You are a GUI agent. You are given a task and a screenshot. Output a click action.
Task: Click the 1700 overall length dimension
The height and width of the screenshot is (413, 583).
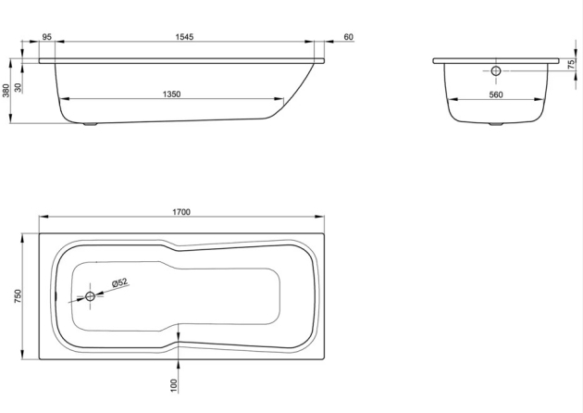[x=180, y=212]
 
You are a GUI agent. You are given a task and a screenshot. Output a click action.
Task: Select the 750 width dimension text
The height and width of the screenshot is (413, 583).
[x=19, y=296]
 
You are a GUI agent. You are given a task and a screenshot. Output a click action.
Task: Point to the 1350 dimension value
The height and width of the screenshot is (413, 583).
[x=169, y=94]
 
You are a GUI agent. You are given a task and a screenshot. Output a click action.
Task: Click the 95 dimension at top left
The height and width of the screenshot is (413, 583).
[x=46, y=37]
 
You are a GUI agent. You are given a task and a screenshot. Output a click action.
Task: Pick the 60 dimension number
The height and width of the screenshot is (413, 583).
[x=348, y=37]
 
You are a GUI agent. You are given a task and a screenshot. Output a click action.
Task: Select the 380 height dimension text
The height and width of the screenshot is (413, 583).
[x=6, y=91]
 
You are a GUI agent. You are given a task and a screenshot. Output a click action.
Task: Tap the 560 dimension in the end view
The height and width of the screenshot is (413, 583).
[x=495, y=94]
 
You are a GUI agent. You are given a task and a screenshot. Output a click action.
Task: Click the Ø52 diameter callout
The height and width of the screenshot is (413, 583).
[x=118, y=283]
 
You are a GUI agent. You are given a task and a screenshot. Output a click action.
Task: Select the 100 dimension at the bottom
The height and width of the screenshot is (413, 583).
[x=173, y=383]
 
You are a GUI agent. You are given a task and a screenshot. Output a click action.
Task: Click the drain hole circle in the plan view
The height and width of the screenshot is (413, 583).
[x=91, y=296]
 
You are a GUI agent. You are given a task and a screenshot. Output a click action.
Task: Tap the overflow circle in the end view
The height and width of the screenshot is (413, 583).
[x=495, y=71]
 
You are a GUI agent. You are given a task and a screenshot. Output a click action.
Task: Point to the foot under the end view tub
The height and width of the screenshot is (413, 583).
[x=495, y=124]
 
